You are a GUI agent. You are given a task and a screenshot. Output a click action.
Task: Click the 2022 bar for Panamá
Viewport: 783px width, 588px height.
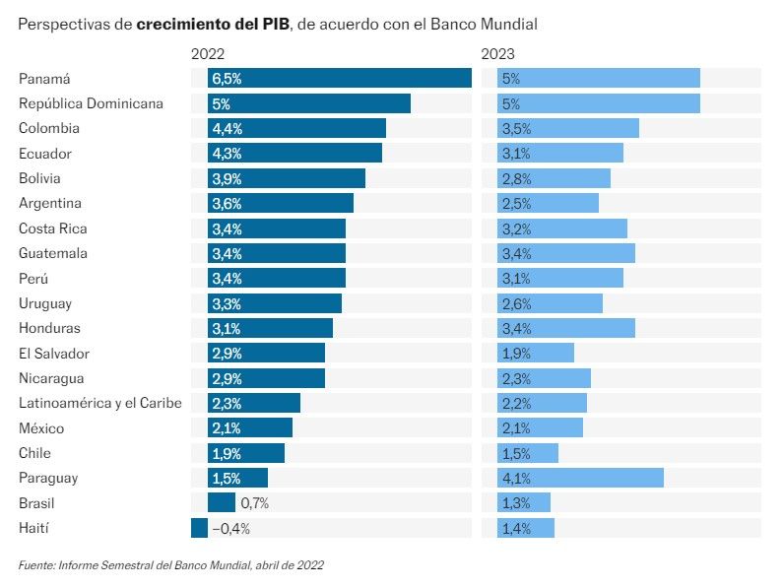point(340,79)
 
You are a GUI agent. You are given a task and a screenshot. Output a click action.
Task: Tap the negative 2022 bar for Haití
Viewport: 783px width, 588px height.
point(200,529)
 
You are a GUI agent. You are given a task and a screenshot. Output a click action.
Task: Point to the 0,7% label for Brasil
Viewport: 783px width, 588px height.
point(254,503)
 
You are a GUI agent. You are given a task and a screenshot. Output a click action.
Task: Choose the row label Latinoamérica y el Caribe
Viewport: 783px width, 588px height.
point(100,403)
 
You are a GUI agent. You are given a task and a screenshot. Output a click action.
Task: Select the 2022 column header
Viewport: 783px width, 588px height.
point(209,55)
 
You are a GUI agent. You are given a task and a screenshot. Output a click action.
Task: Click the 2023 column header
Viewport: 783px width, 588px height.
point(498,55)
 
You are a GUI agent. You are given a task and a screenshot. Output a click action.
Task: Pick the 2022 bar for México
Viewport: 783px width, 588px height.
point(250,428)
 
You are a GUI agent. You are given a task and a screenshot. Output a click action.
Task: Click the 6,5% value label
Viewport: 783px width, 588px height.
point(228,79)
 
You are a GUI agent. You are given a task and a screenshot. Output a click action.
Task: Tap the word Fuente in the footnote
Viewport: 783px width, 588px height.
point(36,565)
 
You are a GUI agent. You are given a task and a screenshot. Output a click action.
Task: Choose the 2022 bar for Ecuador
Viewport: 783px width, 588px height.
point(294,154)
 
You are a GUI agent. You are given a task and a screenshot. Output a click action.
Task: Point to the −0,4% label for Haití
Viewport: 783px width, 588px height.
point(231,529)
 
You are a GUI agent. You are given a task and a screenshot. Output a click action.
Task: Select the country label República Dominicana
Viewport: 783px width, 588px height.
point(91,103)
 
